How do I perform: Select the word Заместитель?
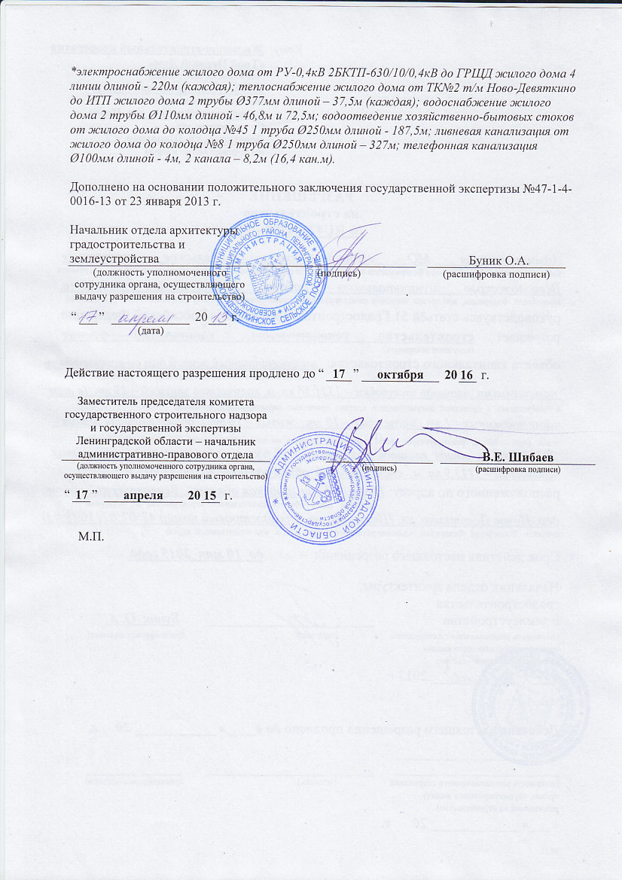(113, 402)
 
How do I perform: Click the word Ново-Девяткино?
(536, 88)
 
